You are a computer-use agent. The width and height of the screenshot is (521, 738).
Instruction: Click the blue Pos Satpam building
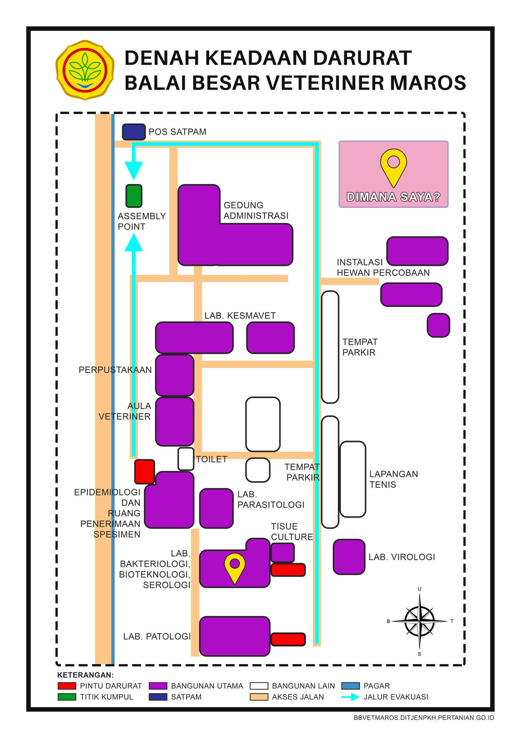point(134,132)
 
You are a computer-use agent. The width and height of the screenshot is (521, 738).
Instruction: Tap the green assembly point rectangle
point(134,196)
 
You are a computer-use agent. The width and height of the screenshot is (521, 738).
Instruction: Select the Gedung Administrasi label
point(256,211)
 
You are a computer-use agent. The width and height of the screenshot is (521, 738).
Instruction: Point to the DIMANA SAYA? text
point(393,197)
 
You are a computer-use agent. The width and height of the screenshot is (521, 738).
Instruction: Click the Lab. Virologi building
point(349,557)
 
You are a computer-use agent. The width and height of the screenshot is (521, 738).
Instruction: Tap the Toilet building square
point(186,459)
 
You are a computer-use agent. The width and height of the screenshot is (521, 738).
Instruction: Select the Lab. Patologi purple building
point(235,636)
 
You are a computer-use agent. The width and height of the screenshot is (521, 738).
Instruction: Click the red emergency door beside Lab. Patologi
point(288,639)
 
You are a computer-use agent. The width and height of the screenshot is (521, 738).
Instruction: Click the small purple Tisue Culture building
point(283,552)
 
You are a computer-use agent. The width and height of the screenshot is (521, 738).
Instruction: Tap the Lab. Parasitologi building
point(216,508)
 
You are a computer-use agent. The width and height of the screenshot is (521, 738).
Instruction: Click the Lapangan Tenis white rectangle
point(353,479)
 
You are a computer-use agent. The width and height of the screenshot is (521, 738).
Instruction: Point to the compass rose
point(420,621)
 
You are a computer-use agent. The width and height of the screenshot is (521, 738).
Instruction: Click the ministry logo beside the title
point(85,70)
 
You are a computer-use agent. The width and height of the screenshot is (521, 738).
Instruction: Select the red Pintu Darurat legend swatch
point(67,686)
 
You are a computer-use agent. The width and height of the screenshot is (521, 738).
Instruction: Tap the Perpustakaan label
point(115,370)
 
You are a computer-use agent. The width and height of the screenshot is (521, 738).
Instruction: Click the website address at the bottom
point(424,718)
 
